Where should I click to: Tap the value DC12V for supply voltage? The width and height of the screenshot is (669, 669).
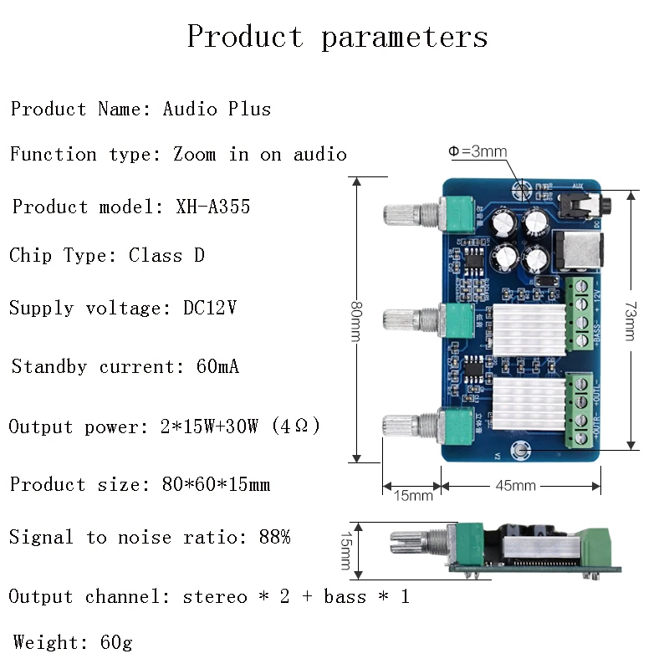(x=210, y=308)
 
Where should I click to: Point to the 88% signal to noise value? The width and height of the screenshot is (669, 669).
(x=274, y=538)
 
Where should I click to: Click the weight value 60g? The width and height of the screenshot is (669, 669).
(x=115, y=642)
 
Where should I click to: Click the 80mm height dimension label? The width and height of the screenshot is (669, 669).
(x=356, y=319)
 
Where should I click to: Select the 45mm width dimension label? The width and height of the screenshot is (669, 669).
(x=515, y=485)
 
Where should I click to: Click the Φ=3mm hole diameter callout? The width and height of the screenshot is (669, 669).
(x=477, y=151)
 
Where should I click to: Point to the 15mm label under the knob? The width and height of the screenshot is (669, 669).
(x=413, y=495)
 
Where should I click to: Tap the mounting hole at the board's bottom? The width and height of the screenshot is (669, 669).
(x=522, y=452)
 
